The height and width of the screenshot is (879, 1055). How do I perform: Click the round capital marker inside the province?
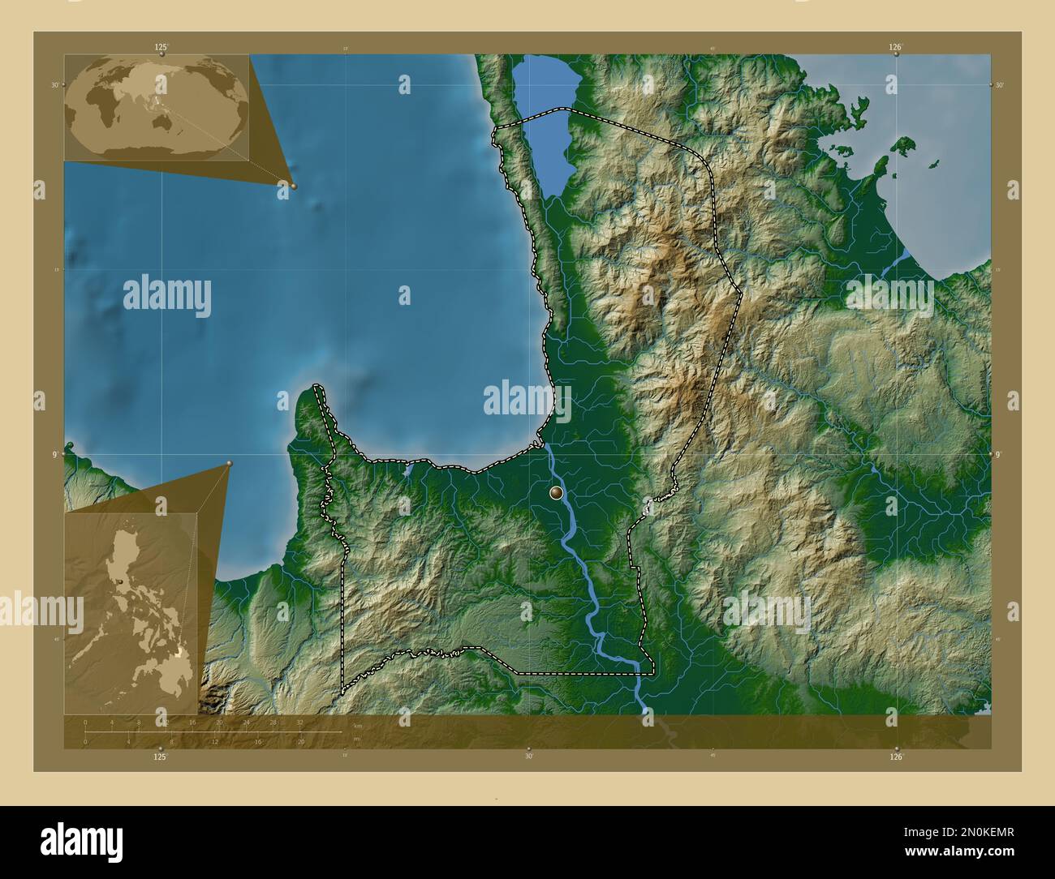point(556,492)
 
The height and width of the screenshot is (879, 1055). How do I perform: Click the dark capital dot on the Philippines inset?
point(120,582)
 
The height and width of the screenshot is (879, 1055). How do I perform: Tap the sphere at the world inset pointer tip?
point(294,186)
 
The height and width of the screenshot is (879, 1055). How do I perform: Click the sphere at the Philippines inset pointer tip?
point(230,464)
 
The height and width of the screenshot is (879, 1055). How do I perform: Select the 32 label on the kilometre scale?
point(299,722)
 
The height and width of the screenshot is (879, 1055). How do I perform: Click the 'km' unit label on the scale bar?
point(358,724)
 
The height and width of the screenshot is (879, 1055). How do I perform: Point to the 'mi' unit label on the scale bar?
point(358,737)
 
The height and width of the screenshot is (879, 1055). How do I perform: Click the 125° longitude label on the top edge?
point(161,48)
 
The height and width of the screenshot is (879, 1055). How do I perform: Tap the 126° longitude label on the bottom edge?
point(896,757)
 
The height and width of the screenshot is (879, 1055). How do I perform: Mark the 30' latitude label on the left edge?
point(55,84)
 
